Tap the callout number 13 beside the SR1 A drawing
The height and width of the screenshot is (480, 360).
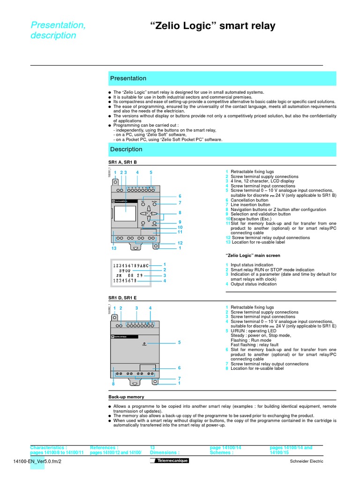[114, 248]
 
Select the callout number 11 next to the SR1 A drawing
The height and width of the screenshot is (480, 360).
[180, 232]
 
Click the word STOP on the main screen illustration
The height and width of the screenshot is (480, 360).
[125, 271]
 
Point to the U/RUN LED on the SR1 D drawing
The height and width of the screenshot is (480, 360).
[145, 344]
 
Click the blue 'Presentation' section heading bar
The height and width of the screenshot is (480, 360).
[222, 78]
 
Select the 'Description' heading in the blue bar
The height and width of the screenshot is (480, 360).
[222, 150]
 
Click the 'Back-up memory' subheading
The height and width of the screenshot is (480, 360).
[126, 397]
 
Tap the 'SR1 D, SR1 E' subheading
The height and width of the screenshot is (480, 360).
[122, 298]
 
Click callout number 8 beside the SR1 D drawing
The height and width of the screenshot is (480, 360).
[113, 384]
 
